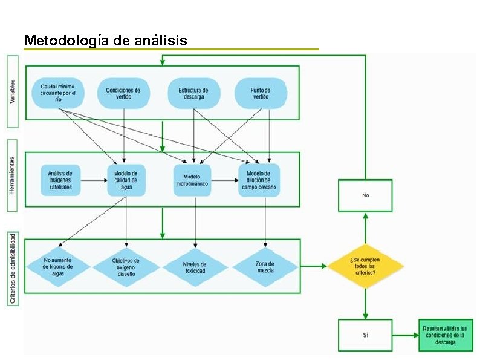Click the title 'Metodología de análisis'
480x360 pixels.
point(106,41)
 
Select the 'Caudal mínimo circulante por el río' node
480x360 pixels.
point(58,93)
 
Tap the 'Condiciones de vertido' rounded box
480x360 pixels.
point(123,93)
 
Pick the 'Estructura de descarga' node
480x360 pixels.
point(193,93)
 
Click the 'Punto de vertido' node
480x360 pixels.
point(261,93)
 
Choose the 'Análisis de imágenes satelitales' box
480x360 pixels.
point(60,180)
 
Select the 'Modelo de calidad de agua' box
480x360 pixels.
point(126,180)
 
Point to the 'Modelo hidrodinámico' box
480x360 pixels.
point(193,180)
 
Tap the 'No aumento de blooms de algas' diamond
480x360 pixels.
point(58,267)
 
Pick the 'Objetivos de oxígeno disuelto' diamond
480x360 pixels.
point(126,267)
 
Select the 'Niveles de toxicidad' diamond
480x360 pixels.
point(195,267)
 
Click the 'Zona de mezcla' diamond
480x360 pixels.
point(265,267)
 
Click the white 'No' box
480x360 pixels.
point(365,195)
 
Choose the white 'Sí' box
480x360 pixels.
point(365,335)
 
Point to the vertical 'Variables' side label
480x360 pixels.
point(13,91)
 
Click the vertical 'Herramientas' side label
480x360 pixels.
point(13,176)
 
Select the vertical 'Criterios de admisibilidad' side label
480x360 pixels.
point(13,268)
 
